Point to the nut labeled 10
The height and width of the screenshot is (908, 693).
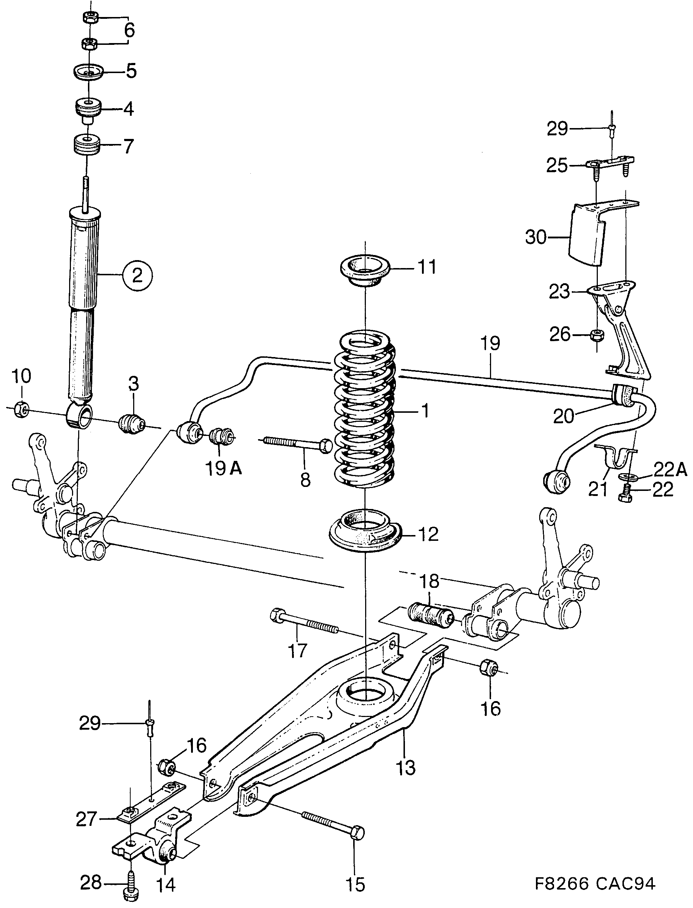(20, 409)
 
